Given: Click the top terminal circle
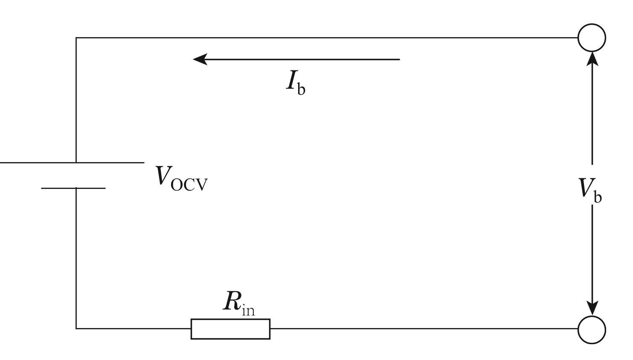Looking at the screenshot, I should [x=592, y=38].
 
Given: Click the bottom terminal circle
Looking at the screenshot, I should [x=592, y=329].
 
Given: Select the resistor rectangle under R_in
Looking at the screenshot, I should [x=230, y=329].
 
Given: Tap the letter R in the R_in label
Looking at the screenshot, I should [x=232, y=301].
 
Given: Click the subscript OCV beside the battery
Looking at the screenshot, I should [x=189, y=185].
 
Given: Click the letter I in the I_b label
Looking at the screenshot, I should [x=291, y=80].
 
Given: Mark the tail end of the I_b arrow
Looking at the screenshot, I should [x=399, y=59].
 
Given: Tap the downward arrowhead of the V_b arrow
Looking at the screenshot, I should [x=592, y=308].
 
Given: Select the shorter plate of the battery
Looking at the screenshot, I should [x=73, y=188].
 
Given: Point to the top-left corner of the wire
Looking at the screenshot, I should [x=76, y=38].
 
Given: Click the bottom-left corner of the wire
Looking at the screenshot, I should [x=76, y=328].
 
